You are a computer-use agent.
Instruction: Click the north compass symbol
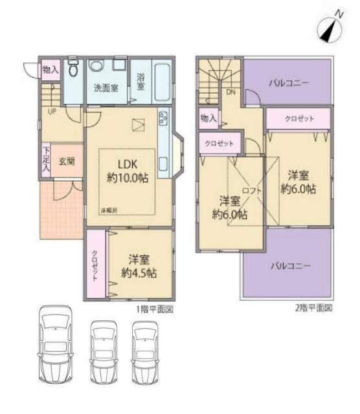(x=330, y=27)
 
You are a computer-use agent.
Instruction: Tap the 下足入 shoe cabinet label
(x=46, y=158)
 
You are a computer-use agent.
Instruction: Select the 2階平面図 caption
(x=313, y=309)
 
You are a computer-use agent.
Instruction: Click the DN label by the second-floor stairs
(x=230, y=92)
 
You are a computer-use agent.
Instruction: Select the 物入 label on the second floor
(x=208, y=118)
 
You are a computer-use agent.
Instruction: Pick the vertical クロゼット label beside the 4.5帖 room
(x=95, y=265)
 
